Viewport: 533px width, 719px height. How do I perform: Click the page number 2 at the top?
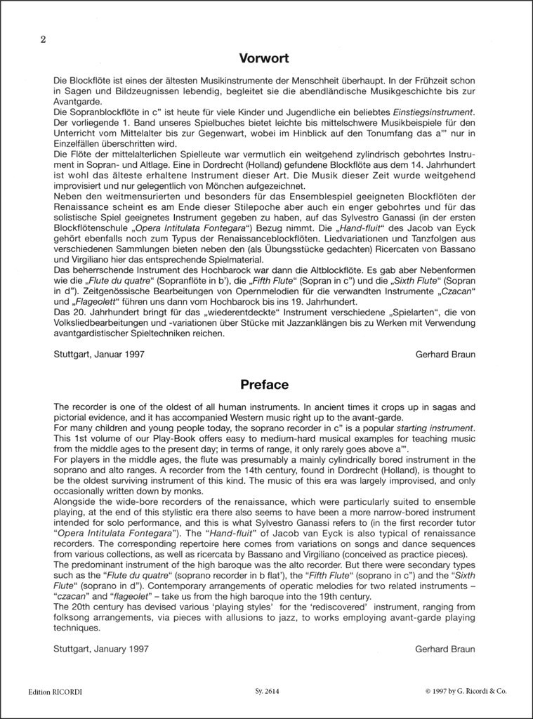44,39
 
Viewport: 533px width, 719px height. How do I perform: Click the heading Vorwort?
264,58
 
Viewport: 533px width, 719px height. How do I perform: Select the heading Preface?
264,384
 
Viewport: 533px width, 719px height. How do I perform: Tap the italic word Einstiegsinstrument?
431,112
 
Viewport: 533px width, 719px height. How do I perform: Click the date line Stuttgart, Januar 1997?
99,355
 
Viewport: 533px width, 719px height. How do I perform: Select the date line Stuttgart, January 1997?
100,649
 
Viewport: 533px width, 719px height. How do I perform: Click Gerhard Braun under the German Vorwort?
445,355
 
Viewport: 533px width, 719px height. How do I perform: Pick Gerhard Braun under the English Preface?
445,649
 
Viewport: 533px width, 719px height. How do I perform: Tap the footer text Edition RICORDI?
55,692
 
